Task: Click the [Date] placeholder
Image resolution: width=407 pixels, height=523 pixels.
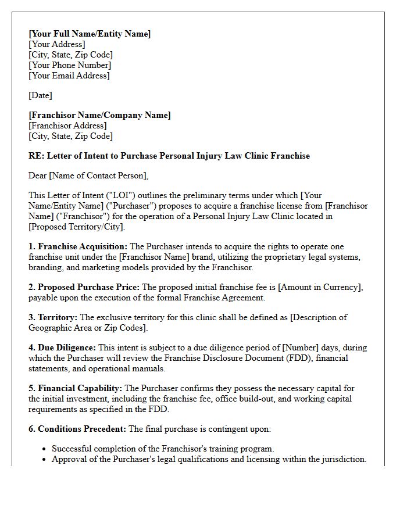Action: [40, 95]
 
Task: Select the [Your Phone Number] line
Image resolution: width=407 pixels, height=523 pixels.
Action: [69, 65]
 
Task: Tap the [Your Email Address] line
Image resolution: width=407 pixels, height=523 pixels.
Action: [69, 76]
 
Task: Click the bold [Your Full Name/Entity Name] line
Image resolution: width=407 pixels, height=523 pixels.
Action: [90, 34]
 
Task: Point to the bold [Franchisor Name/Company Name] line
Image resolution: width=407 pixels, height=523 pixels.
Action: [99, 115]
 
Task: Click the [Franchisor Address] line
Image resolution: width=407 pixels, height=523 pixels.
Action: [67, 126]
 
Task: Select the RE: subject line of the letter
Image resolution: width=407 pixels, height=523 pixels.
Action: [169, 156]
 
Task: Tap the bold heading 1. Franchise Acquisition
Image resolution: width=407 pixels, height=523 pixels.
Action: [78, 246]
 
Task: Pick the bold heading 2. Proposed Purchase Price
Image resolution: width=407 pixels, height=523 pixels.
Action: [84, 287]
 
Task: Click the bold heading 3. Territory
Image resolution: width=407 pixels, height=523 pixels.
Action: [53, 317]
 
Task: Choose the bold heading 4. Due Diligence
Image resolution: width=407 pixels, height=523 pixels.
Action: [62, 348]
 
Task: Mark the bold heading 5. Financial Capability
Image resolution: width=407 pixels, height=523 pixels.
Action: [76, 388]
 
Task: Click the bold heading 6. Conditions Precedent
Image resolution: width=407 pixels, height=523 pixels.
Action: [77, 429]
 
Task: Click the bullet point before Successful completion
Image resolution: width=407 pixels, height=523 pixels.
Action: [45, 449]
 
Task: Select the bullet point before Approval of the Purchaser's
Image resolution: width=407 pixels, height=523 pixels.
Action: [45, 459]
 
